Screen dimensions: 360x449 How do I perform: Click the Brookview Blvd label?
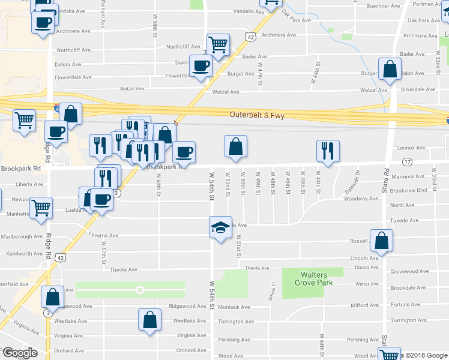(x=408, y=190)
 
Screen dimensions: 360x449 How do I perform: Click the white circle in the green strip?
(x=140, y=290)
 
